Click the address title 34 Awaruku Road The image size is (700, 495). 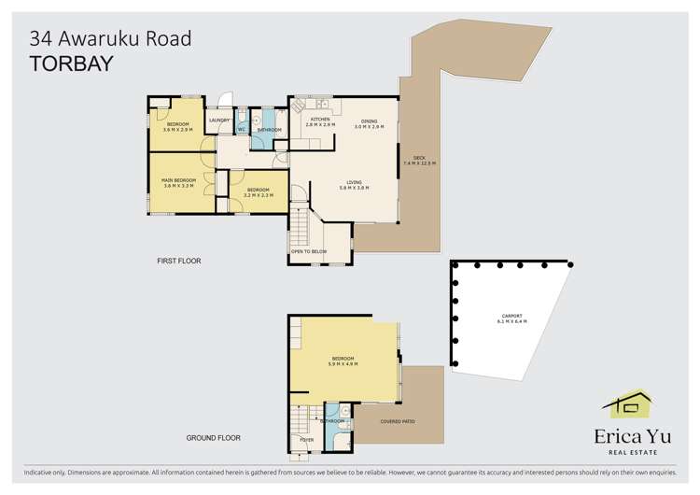[111, 38]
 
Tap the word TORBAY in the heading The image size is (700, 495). [71, 64]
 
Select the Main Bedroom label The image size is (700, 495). [178, 179]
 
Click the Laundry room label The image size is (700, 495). [219, 120]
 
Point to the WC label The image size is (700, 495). [241, 130]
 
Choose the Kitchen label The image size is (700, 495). [320, 120]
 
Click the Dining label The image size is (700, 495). [370, 121]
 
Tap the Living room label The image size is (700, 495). [354, 183]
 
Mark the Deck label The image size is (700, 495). [419, 159]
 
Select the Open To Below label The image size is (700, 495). [308, 251]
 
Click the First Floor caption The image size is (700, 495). [179, 261]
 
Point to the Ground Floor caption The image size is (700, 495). [214, 437]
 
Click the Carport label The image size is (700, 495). [511, 317]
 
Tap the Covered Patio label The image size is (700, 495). [398, 421]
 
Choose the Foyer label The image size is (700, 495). [305, 438]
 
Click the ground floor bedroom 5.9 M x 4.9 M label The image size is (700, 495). [343, 361]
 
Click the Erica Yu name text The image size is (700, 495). [626, 436]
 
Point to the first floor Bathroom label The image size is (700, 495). [270, 130]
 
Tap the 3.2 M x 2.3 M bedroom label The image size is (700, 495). [259, 192]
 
